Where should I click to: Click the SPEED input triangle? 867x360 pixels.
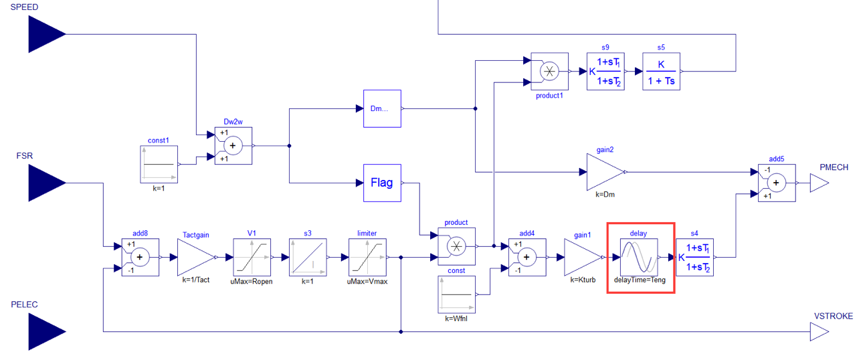tap(46, 34)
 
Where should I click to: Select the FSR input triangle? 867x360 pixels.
tap(46, 183)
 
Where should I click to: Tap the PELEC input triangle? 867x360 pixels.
tap(46, 331)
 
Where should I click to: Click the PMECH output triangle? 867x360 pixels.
tap(818, 183)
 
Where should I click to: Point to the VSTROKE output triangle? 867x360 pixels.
tap(818, 331)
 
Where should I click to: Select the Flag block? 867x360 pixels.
tap(382, 183)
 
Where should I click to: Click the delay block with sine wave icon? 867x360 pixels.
tap(640, 257)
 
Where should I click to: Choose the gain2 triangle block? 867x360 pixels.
tap(605, 172)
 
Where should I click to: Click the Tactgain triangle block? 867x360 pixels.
tap(195, 257)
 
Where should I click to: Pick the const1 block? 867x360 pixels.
tap(159, 164)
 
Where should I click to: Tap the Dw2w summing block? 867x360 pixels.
tap(233, 145)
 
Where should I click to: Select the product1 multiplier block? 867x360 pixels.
tap(549, 72)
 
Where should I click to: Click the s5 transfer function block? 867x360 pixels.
tap(661, 72)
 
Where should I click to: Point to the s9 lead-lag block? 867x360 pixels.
tap(605, 72)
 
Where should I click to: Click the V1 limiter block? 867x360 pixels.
tap(252, 257)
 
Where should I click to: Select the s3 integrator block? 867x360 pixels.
tap(308, 257)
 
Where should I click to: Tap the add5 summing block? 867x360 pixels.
tap(776, 182)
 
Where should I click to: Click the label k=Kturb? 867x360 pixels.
tap(583, 280)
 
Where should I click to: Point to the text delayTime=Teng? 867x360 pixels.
tap(640, 280)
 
